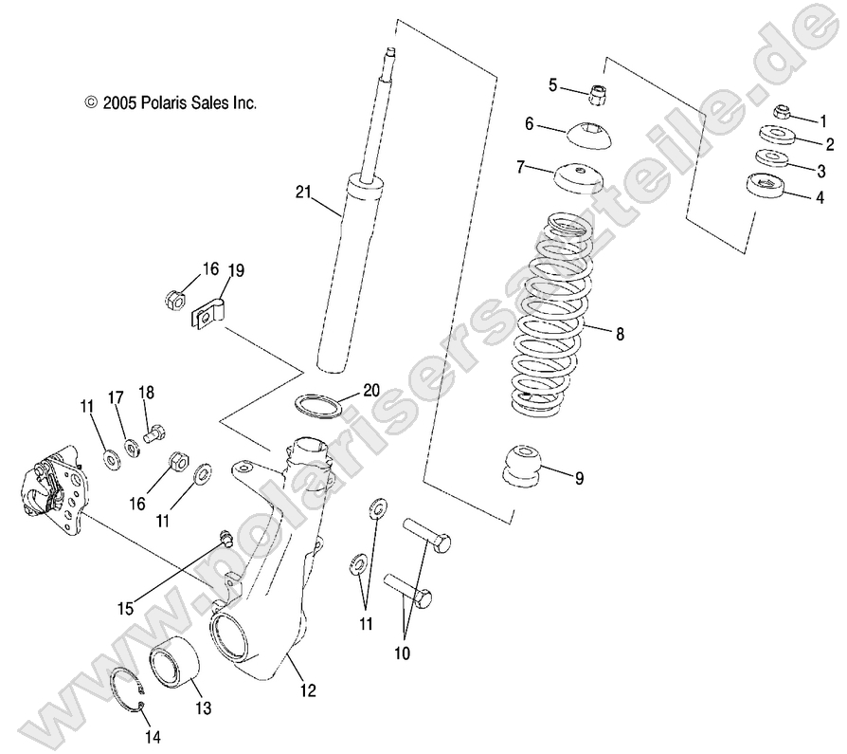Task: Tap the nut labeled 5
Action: (x=598, y=93)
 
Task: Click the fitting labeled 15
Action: (x=225, y=540)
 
